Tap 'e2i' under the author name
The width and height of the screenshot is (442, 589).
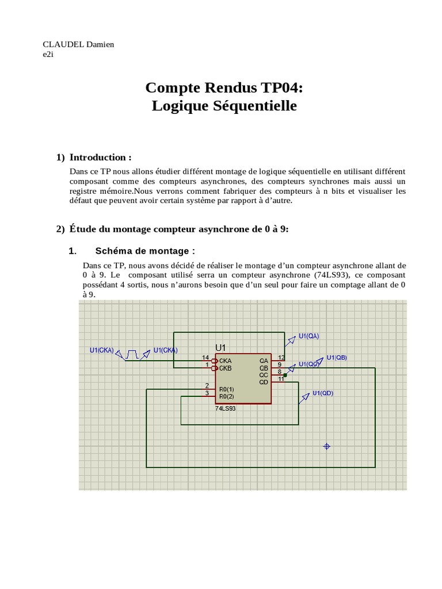48,54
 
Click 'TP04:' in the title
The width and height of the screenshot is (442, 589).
280,87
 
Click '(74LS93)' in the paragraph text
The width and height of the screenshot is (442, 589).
336,275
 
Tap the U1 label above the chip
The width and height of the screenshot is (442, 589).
222,347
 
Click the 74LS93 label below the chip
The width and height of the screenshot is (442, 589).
226,408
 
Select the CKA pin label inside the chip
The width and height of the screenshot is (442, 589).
225,361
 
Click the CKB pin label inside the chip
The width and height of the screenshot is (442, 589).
225,368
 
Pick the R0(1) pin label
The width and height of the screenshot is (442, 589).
226,389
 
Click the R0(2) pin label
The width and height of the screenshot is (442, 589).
226,396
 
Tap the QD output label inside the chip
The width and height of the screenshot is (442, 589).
264,382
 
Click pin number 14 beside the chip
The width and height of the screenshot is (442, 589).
205,358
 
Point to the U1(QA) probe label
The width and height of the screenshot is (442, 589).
308,336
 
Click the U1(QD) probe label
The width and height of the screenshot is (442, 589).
323,393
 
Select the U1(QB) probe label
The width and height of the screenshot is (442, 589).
337,357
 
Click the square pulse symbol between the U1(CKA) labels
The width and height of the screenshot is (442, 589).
132,354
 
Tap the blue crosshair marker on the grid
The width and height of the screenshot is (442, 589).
327,446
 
